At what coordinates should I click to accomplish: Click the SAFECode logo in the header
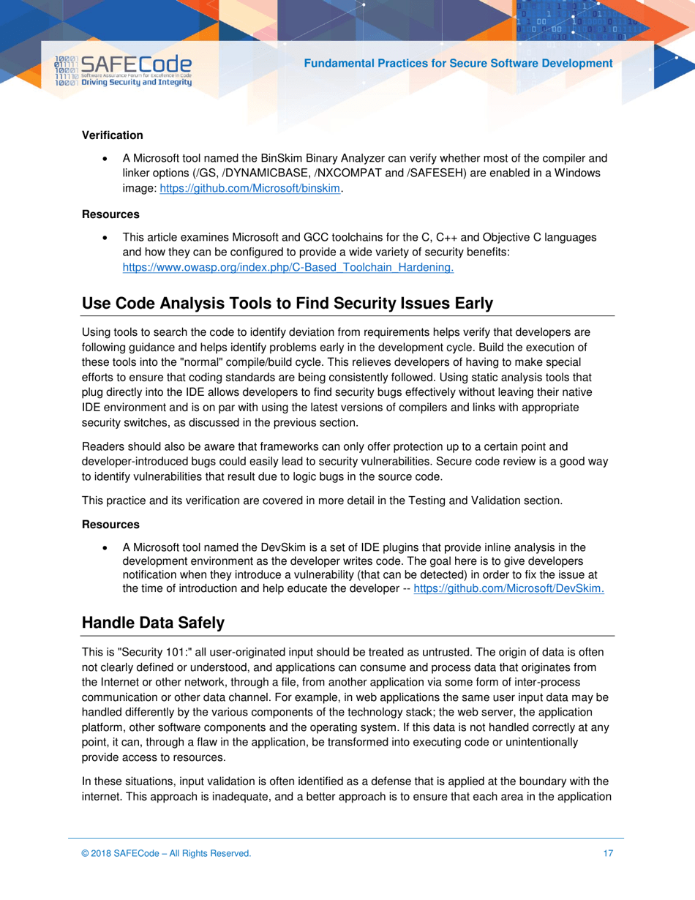coord(123,72)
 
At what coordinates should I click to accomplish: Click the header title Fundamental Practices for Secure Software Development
coord(458,64)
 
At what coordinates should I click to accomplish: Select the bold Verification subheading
coord(112,135)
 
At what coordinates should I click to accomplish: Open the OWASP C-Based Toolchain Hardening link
coord(288,267)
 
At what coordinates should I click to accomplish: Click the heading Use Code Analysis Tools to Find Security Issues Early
coord(287,304)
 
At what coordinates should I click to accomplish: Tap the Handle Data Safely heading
coord(153,623)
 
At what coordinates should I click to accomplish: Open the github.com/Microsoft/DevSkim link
coord(508,588)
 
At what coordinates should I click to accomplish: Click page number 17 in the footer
coord(608,853)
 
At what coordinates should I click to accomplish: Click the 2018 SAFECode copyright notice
coord(166,853)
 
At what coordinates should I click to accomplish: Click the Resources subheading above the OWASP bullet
coord(110,214)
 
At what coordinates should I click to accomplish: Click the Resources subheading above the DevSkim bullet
coord(110,525)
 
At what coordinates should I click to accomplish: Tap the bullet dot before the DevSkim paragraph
coord(107,547)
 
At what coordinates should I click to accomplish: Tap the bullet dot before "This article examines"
coord(107,238)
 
